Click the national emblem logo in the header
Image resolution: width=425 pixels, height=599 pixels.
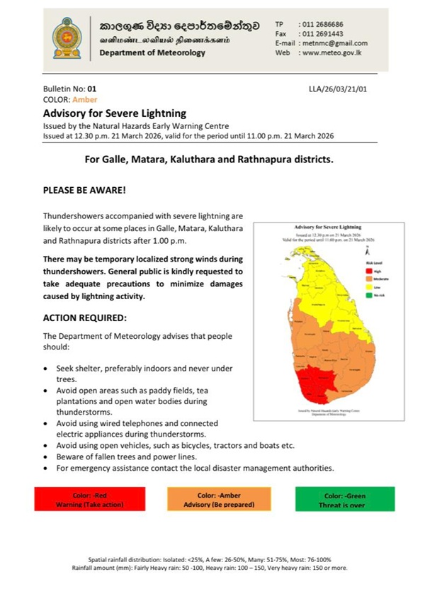pyautogui.click(x=67, y=38)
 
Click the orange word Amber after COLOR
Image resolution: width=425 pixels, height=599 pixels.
pyautogui.click(x=85, y=100)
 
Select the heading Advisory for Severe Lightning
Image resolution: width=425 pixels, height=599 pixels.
pyautogui.click(x=114, y=113)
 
